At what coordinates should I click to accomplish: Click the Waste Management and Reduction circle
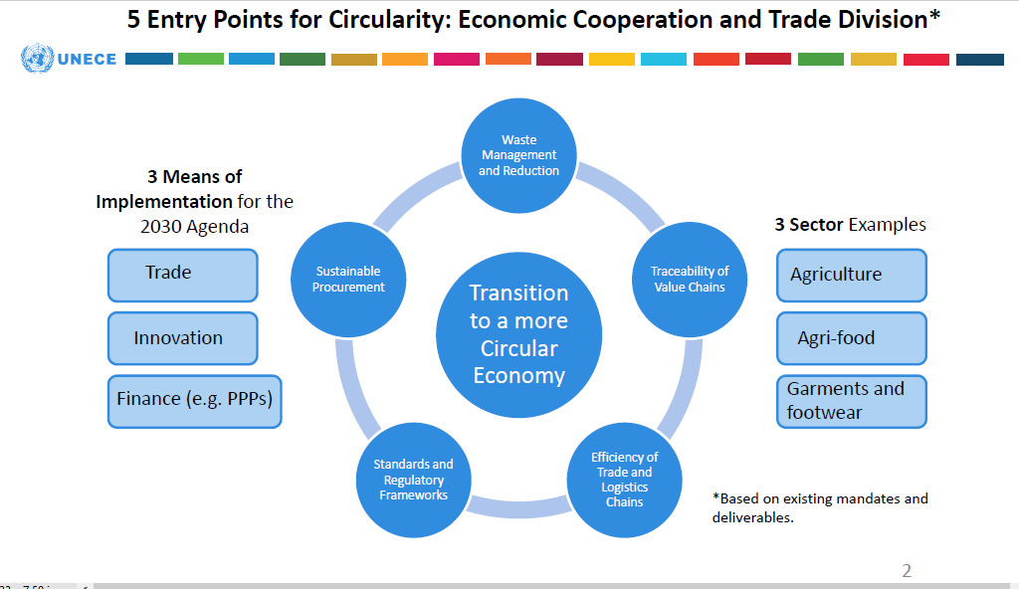pos(518,155)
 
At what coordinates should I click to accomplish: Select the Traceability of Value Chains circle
pos(690,279)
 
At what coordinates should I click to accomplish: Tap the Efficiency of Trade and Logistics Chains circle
pos(624,480)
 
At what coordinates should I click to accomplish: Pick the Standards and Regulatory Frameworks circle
pos(413,480)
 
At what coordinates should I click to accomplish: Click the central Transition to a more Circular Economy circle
pos(518,334)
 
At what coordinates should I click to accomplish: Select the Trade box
pos(182,274)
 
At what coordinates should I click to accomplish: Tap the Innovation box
pos(182,338)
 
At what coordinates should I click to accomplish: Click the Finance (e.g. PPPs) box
pos(194,401)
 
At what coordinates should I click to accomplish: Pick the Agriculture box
pos(851,275)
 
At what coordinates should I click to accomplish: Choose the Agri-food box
pos(851,338)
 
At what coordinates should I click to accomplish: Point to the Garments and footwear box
pos(851,401)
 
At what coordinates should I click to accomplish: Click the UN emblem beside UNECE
pos(37,59)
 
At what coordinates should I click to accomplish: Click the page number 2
pos(906,571)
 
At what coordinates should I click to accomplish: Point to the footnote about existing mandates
pos(820,507)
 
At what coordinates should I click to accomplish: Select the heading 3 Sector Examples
pos(850,225)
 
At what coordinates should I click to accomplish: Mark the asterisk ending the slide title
pos(934,18)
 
